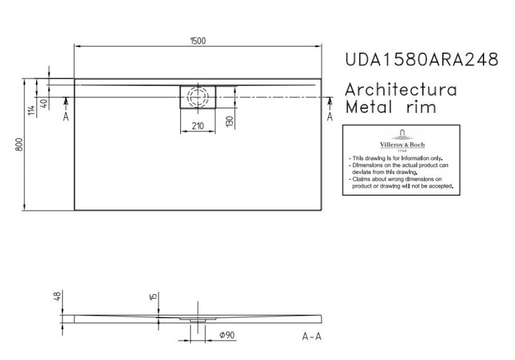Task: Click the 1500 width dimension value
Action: click(x=198, y=40)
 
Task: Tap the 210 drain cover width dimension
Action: click(x=198, y=126)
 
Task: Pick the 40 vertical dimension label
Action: click(x=44, y=103)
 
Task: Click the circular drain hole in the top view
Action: click(x=198, y=97)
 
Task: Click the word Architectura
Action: click(x=402, y=90)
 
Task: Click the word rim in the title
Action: click(x=422, y=107)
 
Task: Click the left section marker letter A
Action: click(x=65, y=117)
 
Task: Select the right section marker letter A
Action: click(x=330, y=117)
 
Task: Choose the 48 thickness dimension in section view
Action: click(x=57, y=296)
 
